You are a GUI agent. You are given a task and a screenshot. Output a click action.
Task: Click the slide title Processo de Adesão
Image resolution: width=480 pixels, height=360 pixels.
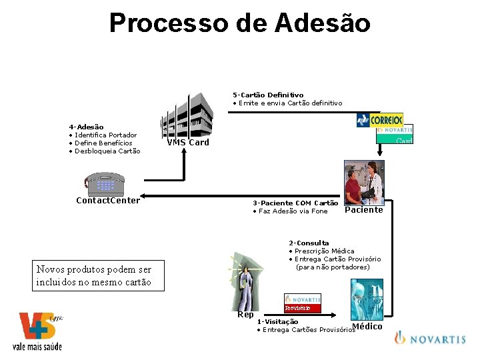pyautogui.click(x=240, y=23)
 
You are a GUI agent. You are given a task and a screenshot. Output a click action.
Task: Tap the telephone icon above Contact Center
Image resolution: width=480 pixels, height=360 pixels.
pyautogui.click(x=106, y=182)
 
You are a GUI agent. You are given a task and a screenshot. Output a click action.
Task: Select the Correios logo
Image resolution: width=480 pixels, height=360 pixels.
pyautogui.click(x=380, y=120)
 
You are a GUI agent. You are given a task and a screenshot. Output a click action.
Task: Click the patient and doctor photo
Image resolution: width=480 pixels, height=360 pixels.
pyautogui.click(x=363, y=181)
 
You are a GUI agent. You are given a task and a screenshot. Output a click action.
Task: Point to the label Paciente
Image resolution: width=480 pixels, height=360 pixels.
pyautogui.click(x=364, y=210)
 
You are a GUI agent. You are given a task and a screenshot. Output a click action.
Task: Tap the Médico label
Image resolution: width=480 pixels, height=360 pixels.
pyautogui.click(x=367, y=326)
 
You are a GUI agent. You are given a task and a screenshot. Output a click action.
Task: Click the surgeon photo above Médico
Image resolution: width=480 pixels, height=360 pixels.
pyautogui.click(x=367, y=299)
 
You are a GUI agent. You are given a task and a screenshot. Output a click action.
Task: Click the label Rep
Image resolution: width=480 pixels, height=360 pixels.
pyautogui.click(x=245, y=315)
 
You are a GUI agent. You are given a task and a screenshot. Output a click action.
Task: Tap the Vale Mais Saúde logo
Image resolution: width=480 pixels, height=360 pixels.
pyautogui.click(x=39, y=331)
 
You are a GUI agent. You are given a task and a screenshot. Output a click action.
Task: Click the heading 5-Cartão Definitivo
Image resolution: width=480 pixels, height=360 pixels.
pyautogui.click(x=268, y=95)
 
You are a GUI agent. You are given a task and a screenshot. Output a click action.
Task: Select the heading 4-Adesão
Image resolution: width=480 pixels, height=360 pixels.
pyautogui.click(x=86, y=127)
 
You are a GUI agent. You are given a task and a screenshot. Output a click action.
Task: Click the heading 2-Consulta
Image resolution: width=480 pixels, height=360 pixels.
pyautogui.click(x=309, y=243)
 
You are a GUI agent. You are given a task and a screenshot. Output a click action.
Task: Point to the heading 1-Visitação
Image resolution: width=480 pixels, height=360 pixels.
pyautogui.click(x=277, y=321)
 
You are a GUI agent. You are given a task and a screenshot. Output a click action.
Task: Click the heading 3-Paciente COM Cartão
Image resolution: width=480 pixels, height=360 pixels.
pyautogui.click(x=295, y=203)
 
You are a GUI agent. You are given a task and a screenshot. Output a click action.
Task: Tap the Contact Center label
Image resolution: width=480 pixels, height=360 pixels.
pyautogui.click(x=108, y=200)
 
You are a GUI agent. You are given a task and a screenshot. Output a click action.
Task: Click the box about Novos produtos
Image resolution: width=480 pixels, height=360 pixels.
pyautogui.click(x=94, y=275)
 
